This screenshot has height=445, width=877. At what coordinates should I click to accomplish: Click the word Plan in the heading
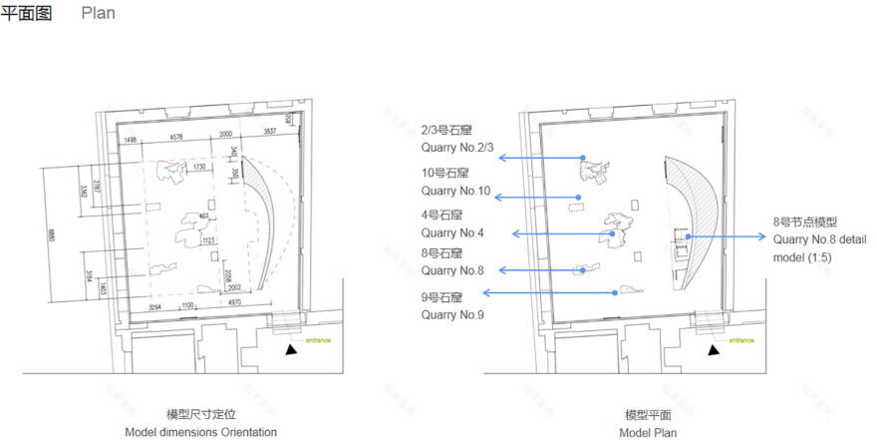click(x=98, y=14)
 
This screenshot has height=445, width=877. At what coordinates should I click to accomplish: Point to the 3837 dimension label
click(x=270, y=134)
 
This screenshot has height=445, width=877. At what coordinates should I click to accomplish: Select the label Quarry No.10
click(x=455, y=191)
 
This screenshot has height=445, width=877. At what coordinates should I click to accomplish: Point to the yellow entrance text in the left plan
click(x=319, y=341)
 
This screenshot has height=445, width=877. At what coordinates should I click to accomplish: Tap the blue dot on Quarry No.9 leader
click(x=615, y=292)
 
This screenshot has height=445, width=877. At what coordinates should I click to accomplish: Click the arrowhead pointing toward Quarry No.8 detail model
click(x=763, y=236)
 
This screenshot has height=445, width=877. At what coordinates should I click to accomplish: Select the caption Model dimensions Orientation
click(x=200, y=432)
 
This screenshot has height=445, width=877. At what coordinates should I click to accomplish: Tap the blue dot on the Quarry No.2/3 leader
click(x=582, y=158)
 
